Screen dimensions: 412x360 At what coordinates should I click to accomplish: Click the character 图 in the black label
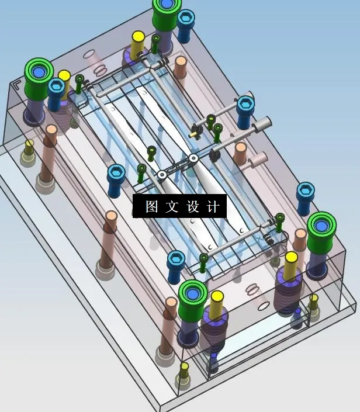[x=152, y=207]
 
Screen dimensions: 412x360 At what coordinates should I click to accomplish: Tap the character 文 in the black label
[x=173, y=207]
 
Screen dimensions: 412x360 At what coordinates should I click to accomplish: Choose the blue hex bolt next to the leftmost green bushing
[x=56, y=87]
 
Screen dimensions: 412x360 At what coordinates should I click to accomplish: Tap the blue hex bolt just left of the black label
[x=116, y=173]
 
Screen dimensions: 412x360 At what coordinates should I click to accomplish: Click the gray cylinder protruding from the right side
[x=262, y=123]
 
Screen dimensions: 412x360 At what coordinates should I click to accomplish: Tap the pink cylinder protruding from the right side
[x=257, y=159]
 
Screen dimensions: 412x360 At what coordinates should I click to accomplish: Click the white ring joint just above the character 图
[x=161, y=175]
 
